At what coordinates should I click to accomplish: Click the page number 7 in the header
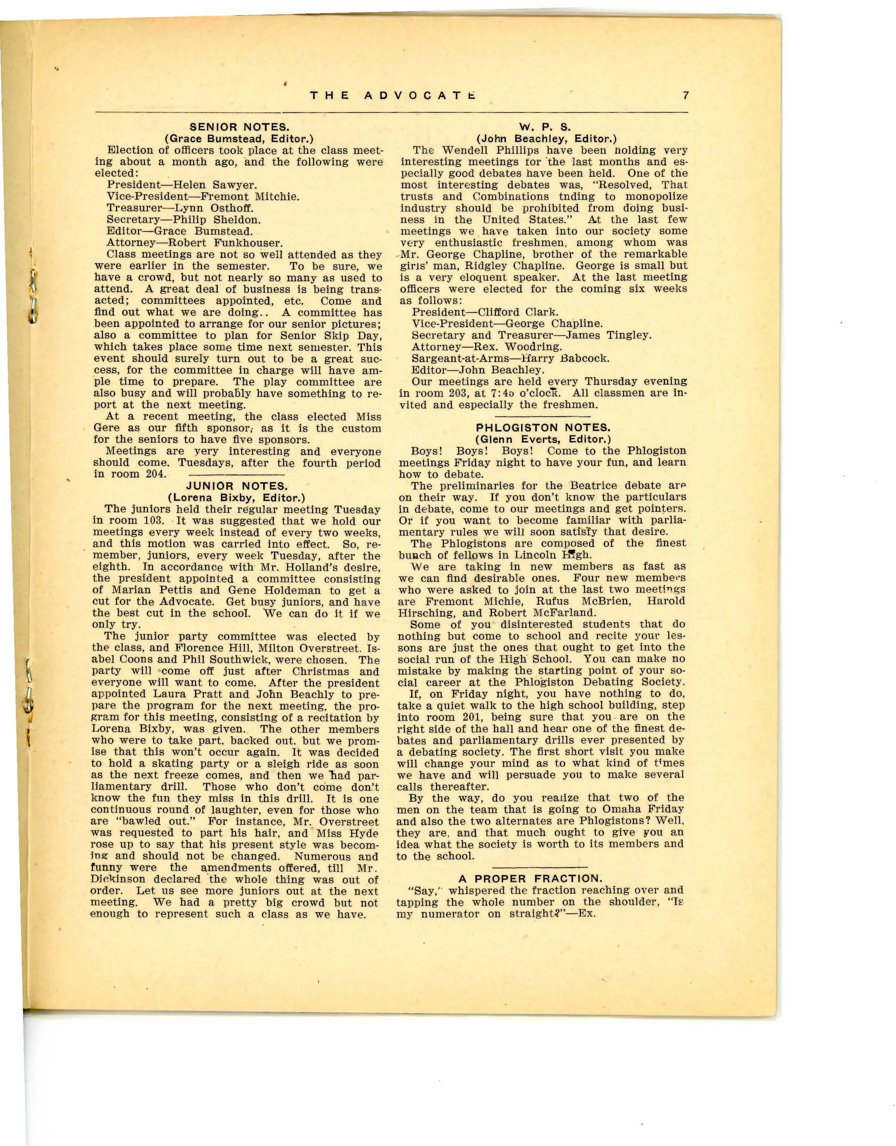(686, 95)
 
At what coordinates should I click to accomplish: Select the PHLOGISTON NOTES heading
(542, 428)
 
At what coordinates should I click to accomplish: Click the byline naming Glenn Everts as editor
(542, 439)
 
